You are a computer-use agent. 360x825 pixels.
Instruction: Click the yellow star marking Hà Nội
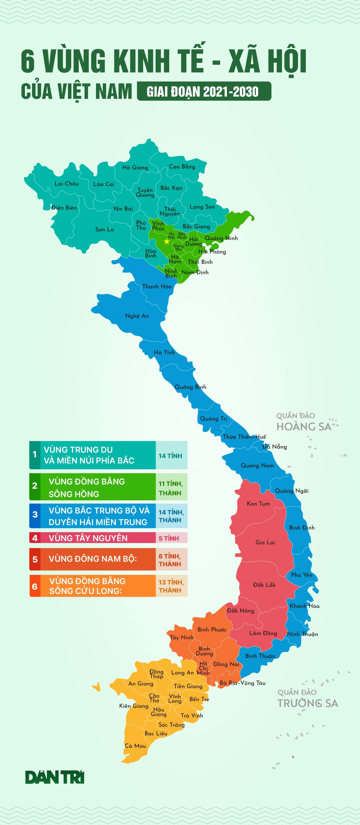167,242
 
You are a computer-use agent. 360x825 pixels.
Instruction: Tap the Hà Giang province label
135,167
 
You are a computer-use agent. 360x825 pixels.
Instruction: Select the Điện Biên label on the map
64,207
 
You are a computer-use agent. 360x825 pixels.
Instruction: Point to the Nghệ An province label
137,316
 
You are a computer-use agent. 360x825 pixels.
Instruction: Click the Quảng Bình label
190,387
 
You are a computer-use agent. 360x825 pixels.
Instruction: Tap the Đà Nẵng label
275,447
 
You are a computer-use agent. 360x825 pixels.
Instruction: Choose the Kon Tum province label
258,503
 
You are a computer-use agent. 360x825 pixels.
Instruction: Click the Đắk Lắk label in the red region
264,584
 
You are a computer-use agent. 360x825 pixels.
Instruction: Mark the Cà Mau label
135,746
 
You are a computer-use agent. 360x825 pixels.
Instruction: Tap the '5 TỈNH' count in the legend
169,538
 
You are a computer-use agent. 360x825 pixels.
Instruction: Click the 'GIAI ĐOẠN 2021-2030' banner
204,92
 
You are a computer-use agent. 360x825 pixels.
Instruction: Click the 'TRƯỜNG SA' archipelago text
308,703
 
